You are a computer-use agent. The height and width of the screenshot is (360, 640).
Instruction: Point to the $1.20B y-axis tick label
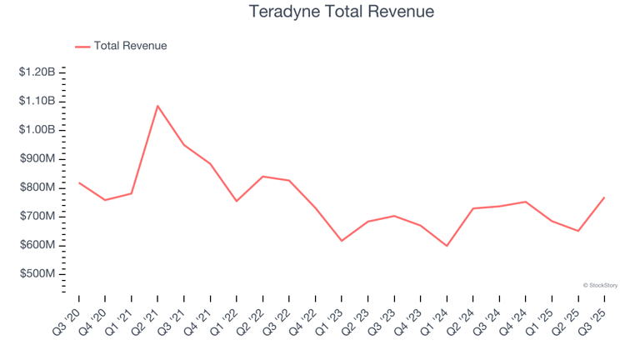(37, 72)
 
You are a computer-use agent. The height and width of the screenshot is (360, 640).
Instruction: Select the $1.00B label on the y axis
(37, 130)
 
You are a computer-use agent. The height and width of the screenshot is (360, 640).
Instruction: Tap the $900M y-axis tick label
(37, 158)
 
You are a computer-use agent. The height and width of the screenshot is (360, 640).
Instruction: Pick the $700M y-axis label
(37, 216)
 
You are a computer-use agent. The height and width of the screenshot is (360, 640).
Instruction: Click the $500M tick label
(37, 273)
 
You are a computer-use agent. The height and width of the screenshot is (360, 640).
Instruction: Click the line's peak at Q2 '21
(157, 106)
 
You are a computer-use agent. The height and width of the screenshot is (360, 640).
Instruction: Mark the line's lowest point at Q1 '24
(447, 246)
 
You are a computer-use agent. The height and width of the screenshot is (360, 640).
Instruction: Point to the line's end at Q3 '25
(604, 197)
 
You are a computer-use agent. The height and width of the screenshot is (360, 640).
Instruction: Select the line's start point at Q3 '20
(79, 182)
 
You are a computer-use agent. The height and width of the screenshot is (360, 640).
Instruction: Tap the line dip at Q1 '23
(342, 241)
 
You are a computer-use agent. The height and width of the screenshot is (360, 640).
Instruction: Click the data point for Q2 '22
(262, 177)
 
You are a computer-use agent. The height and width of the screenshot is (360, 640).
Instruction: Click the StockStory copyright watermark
(600, 285)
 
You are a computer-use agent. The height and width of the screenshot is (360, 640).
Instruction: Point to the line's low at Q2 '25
(577, 231)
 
